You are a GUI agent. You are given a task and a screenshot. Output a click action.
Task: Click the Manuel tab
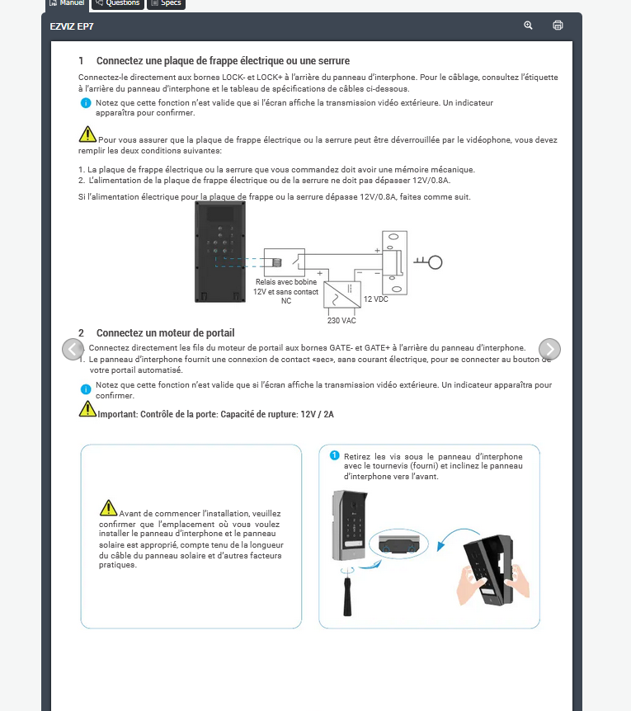point(66,3)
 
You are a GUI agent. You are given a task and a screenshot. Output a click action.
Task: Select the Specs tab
point(166,3)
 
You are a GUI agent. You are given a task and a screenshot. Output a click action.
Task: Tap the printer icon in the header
point(558,26)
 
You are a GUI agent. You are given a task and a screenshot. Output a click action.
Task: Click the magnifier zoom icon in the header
point(529,26)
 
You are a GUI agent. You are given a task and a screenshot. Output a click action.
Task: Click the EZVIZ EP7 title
point(73,26)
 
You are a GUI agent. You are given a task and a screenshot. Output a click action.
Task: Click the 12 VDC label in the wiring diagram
point(375,299)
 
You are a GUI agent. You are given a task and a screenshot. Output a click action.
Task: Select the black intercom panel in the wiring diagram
point(218,252)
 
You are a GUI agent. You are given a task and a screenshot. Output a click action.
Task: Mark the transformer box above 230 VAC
point(341,295)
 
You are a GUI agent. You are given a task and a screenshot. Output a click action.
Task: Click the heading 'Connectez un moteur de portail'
point(165,333)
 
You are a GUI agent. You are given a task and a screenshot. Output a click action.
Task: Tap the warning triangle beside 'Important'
point(87,408)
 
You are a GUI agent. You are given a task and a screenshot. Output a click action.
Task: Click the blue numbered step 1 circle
point(334,455)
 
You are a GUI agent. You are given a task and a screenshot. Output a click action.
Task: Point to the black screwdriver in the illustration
point(349,594)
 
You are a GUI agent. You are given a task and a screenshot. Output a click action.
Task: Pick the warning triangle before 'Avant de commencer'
point(108,508)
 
